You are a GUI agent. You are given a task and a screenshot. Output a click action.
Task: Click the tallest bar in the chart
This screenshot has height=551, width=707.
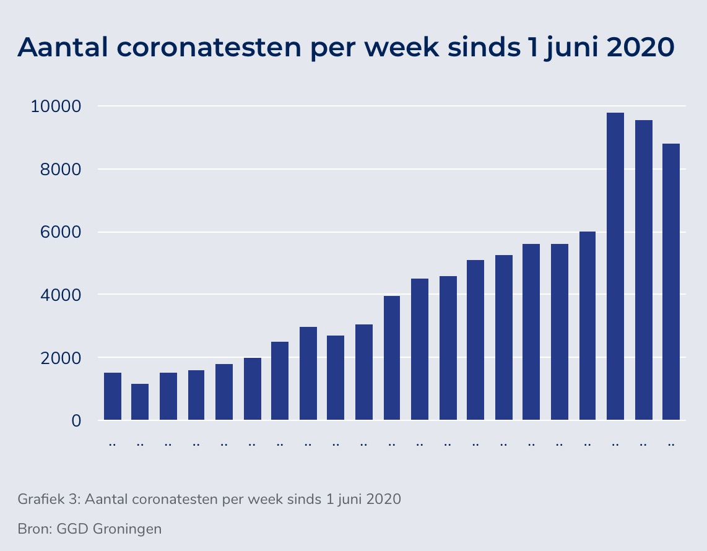pos(615,266)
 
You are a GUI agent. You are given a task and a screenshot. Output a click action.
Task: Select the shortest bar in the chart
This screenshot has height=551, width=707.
pos(140,402)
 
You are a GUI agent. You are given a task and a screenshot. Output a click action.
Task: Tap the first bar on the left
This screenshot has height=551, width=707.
pos(112,396)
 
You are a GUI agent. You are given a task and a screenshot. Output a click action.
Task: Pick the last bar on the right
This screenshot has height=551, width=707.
pos(671,282)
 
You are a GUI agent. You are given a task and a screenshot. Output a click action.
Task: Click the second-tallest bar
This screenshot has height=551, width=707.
pos(643,270)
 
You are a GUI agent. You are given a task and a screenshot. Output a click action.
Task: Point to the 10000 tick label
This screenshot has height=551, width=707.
pos(56,106)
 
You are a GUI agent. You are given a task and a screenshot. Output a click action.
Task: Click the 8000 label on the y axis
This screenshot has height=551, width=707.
pos(59,169)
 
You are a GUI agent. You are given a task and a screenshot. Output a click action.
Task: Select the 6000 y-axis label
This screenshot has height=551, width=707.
pos(59,232)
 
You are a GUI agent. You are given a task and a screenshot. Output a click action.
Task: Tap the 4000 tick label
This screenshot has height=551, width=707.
pos(59,295)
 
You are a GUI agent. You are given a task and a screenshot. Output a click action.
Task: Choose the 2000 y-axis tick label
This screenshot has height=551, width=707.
pos(59,358)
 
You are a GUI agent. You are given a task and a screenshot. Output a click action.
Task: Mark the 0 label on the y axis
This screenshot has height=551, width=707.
pos(76,421)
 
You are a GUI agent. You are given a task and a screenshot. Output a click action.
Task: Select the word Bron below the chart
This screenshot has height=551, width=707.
pos(33,529)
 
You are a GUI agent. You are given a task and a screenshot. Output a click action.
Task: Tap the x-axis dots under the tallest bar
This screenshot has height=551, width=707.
pos(615,445)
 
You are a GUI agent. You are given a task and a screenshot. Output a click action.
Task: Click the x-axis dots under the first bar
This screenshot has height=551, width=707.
pos(112,445)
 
